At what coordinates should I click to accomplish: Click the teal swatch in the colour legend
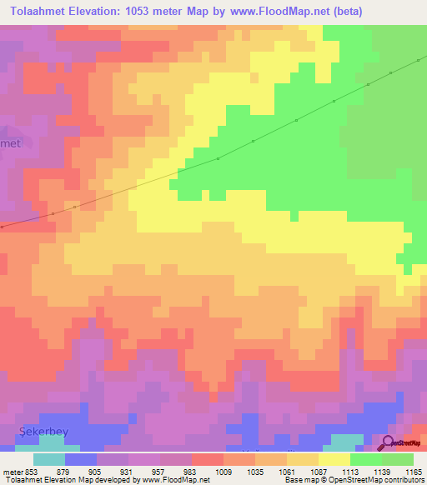pyautogui.click(x=49, y=459)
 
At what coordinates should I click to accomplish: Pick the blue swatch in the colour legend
pyautogui.click(x=81, y=459)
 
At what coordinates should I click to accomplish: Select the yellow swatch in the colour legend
pyautogui.click(x=334, y=459)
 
